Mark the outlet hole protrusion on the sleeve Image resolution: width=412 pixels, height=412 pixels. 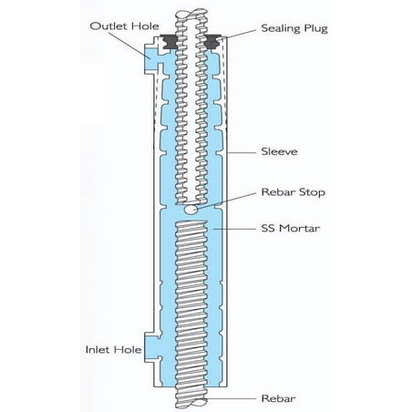click(x=150, y=62)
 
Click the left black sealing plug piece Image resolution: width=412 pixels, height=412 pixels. click(x=169, y=41)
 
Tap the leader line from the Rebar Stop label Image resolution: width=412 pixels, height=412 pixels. click(x=228, y=200)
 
